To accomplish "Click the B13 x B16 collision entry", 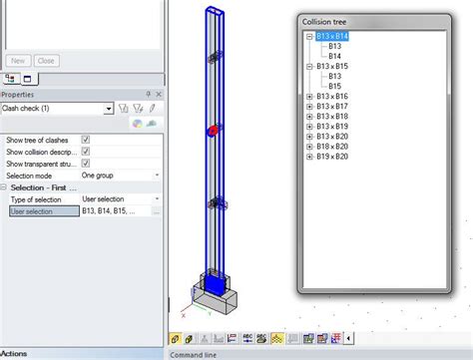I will tap(333, 96).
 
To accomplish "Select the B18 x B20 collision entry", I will tap(333, 146).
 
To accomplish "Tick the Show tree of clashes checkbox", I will tap(86, 140).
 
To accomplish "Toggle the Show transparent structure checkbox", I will tap(86, 164).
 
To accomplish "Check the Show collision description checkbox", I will tap(86, 152).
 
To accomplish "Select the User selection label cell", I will tap(40, 211).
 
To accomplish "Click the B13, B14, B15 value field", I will tap(114, 211).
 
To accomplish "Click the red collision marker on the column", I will tap(212, 132).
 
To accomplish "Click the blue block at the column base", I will tap(215, 286).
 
